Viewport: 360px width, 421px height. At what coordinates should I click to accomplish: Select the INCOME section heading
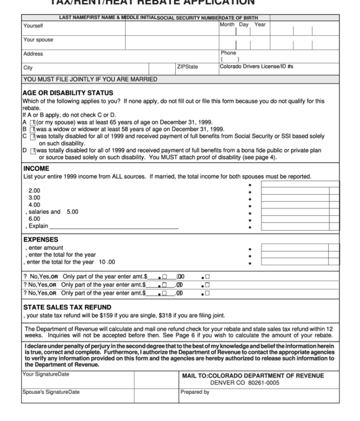coord(36,168)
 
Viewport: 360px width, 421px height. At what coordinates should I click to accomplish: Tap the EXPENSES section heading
coord(40,240)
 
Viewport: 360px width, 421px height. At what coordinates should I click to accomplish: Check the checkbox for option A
coord(33,122)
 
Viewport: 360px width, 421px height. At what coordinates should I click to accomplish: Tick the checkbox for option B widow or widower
coord(33,128)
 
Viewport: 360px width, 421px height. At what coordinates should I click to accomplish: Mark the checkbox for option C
coord(33,136)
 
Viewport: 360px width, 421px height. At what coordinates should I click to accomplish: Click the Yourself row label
coord(33,26)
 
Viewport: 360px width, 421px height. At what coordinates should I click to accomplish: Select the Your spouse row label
coord(38,40)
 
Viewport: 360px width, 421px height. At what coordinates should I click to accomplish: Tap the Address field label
coord(33,54)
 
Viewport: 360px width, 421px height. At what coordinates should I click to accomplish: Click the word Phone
coord(228,52)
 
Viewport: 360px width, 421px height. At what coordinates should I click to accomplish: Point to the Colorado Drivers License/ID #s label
coord(256,67)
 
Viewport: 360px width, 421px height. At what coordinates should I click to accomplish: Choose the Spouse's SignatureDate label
coord(51,392)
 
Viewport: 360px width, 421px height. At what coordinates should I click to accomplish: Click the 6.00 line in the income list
coord(34,219)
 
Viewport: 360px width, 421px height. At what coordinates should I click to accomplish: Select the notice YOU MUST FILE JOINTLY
coord(90,79)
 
